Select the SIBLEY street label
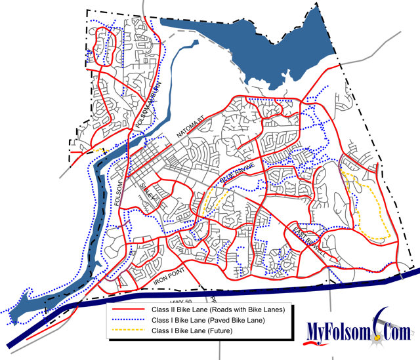click(148, 194)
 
